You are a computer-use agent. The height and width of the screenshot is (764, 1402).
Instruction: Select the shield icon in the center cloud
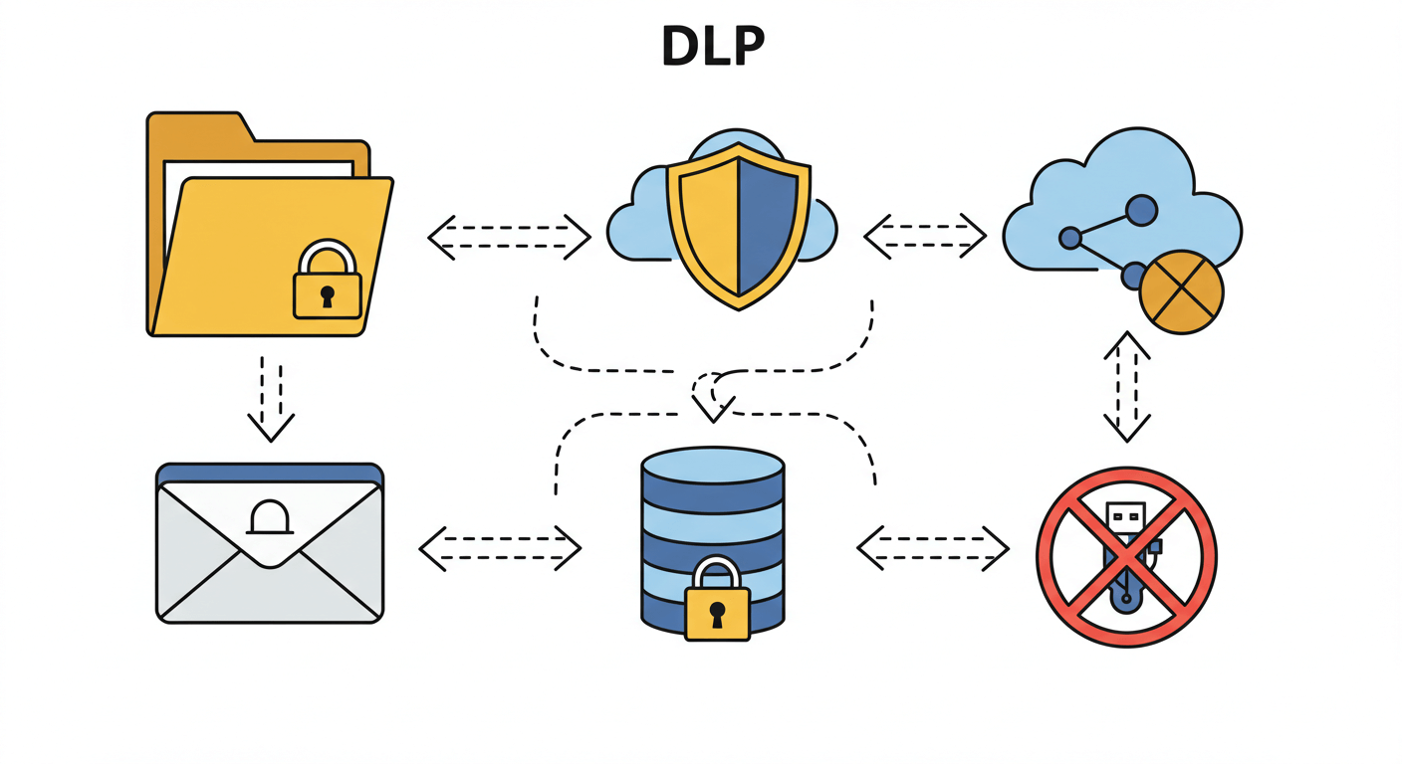point(736,225)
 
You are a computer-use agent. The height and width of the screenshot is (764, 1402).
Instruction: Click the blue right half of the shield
point(767,224)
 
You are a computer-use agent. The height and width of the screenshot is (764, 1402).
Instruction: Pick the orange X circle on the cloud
point(1180,290)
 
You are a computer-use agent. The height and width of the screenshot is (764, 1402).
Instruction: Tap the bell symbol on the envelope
point(269,518)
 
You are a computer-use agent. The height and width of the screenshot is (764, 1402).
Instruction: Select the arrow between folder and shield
point(509,237)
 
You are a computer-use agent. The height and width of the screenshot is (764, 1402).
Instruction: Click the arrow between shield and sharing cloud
point(924,236)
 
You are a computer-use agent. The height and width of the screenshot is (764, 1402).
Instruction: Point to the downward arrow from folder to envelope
point(271,398)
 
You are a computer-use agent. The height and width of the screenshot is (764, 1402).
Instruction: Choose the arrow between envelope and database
point(500,548)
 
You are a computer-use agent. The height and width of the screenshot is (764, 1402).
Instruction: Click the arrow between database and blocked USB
point(933,548)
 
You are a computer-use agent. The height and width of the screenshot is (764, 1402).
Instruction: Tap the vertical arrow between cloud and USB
point(1127,386)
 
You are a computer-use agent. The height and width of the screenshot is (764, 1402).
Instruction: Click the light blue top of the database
point(713,464)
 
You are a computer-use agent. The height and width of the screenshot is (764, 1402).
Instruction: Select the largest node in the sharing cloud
point(1141,210)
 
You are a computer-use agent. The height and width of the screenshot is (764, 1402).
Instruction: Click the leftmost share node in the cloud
point(1070,238)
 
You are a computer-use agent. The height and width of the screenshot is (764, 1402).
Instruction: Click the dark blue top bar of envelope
point(269,472)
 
